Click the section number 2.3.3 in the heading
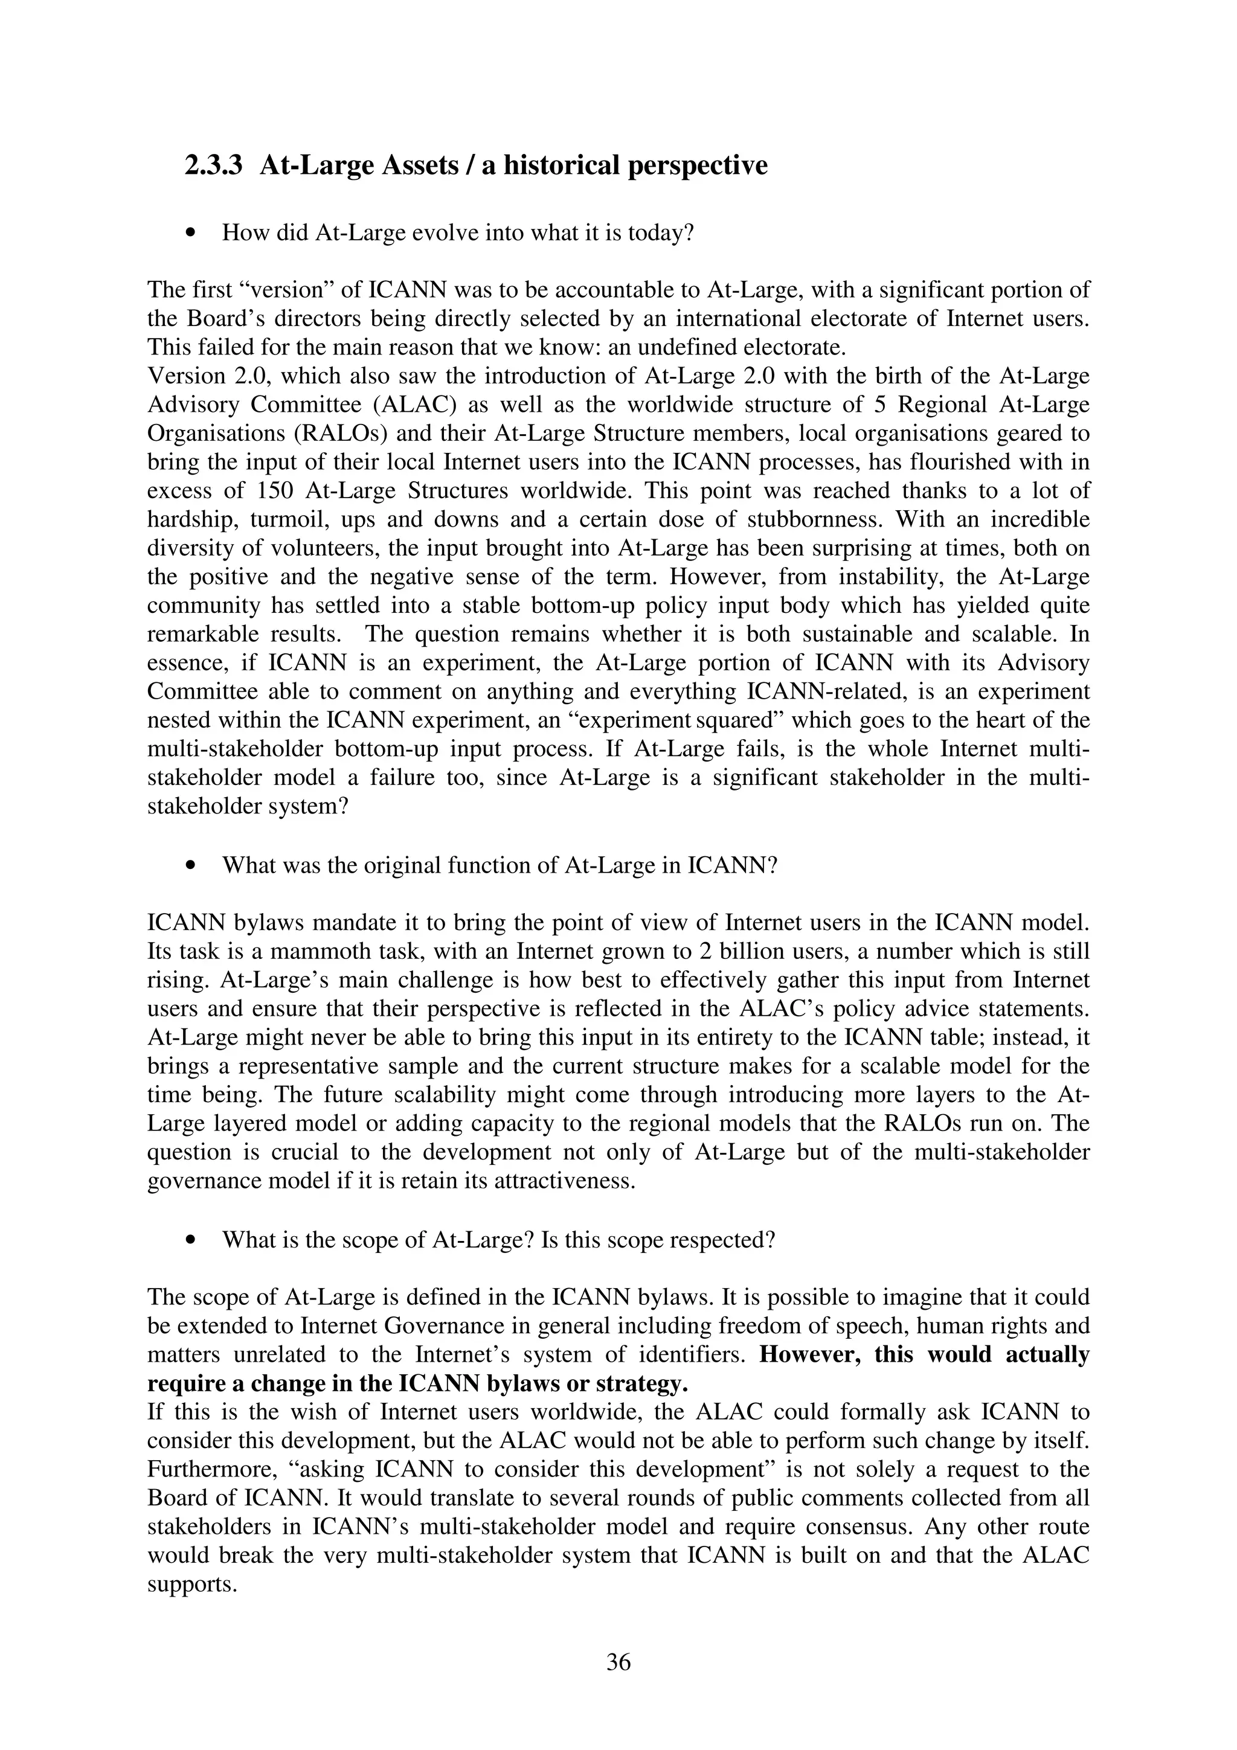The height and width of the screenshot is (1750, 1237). click(213, 165)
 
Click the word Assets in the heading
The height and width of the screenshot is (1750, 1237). click(421, 165)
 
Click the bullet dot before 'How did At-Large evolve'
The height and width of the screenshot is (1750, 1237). click(191, 233)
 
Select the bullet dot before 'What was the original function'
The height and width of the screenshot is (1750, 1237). click(191, 866)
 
